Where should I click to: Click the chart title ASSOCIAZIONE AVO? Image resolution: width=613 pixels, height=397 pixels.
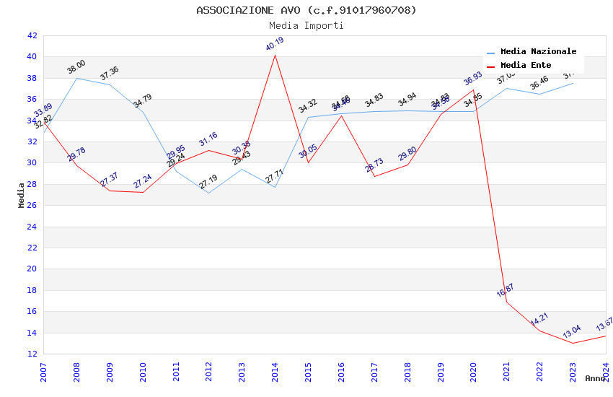coord(306,10)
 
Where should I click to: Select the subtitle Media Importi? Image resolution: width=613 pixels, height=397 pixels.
coord(306,25)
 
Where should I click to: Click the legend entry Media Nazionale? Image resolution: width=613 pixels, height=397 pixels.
coord(538,52)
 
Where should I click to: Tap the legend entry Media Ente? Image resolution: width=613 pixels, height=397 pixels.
coord(526,65)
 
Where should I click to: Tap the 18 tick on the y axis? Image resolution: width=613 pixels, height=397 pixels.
coord(31,290)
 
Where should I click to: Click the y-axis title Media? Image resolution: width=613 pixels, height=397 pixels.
coord(22,194)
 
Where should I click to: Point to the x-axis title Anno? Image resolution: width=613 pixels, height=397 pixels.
coord(595,378)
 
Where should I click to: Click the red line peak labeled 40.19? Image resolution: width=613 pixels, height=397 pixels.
coord(275,55)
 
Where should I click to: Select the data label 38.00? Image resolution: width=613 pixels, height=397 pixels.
coord(76,66)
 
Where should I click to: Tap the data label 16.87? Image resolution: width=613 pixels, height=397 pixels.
coord(506,290)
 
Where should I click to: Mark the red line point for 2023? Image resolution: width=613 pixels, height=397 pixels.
coord(573,343)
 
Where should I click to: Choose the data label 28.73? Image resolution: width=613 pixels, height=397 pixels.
coord(374,165)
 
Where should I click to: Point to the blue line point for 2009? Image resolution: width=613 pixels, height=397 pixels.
coord(110,84)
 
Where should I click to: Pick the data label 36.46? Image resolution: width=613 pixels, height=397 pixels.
coord(539,83)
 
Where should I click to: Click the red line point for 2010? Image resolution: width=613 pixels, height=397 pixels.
coord(143,192)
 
